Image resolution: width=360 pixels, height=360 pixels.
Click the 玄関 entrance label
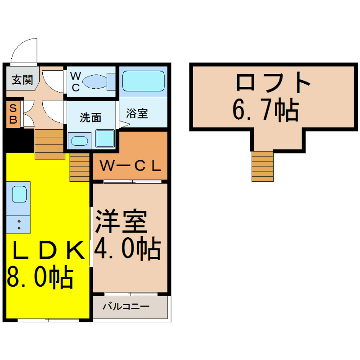22,80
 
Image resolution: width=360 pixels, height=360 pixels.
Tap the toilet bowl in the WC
95,81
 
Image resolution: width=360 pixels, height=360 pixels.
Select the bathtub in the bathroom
143,81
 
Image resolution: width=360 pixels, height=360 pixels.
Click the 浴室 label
137,113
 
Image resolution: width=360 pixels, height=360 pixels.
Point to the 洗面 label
90,117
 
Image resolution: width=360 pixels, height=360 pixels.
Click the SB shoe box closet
13,114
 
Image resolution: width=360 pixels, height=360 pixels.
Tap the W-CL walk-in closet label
130,166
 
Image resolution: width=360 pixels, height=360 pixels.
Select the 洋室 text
121,221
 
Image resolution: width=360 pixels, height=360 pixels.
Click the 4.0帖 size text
127,248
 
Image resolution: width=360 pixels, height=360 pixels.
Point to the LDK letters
49,250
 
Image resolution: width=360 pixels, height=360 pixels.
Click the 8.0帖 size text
40,277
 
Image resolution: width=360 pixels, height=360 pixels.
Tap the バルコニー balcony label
126,306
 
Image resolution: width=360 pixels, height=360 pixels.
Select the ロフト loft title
273,82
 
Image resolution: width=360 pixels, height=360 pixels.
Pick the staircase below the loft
262,166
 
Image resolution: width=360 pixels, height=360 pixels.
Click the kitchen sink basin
19,194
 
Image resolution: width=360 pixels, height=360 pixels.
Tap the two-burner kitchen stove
18,224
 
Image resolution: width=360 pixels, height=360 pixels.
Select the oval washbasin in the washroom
79,141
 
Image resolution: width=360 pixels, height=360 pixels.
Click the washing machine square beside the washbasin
105,139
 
